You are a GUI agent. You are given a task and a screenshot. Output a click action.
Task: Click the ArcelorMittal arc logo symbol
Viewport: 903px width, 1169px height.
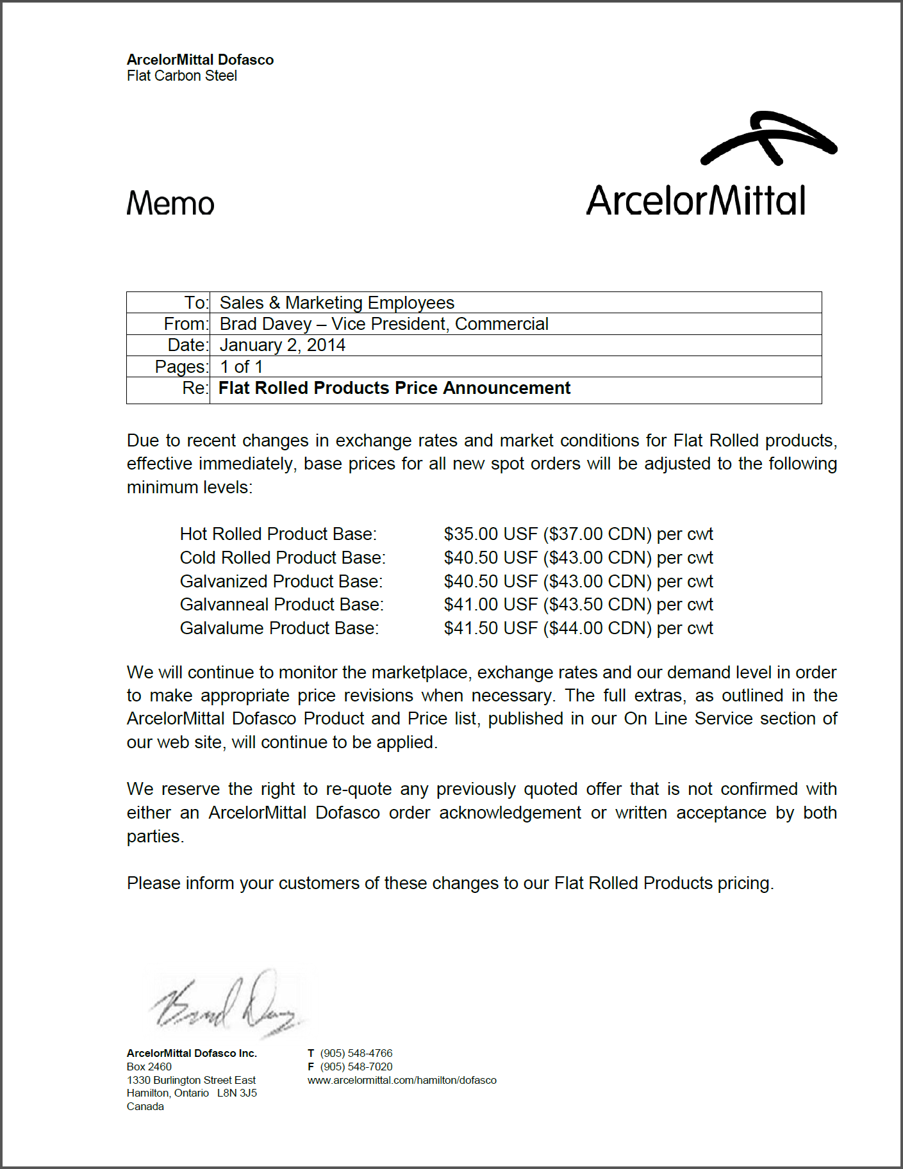(768, 138)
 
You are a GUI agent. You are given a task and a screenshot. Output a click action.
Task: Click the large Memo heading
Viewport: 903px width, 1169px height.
(170, 204)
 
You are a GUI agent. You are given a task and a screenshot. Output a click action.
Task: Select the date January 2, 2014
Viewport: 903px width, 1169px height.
(283, 345)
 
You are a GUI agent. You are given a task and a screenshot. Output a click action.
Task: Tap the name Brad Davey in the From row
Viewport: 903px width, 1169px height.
(265, 324)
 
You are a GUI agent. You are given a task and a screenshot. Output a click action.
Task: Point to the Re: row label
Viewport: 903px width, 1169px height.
(195, 388)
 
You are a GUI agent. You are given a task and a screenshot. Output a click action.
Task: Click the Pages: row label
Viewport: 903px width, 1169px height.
(181, 367)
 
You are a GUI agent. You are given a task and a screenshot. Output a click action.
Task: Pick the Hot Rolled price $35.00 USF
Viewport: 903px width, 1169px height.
(490, 534)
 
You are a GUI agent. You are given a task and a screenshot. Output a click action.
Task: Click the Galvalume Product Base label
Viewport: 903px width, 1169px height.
(279, 628)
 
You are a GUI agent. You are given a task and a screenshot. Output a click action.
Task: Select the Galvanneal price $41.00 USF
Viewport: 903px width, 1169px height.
(490, 605)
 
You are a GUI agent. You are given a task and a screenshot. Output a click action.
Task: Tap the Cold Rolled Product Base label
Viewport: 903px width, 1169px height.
(283, 558)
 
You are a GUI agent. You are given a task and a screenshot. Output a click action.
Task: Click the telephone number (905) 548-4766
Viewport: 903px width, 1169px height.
(356, 1053)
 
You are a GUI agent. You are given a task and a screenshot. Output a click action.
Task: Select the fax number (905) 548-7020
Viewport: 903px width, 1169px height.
(356, 1067)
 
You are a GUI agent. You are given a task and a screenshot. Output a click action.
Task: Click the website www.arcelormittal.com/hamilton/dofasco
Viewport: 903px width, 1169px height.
(402, 1080)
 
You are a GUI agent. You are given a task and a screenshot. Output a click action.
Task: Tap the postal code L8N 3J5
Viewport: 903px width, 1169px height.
(237, 1093)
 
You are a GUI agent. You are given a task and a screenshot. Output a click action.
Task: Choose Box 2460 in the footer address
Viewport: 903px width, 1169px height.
(149, 1067)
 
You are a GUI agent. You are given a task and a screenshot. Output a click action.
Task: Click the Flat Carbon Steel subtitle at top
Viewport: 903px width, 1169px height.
(182, 76)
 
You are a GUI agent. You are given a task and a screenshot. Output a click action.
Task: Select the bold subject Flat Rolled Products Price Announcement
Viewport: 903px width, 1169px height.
(394, 388)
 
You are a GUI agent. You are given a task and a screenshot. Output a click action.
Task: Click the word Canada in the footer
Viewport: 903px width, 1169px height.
(145, 1107)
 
